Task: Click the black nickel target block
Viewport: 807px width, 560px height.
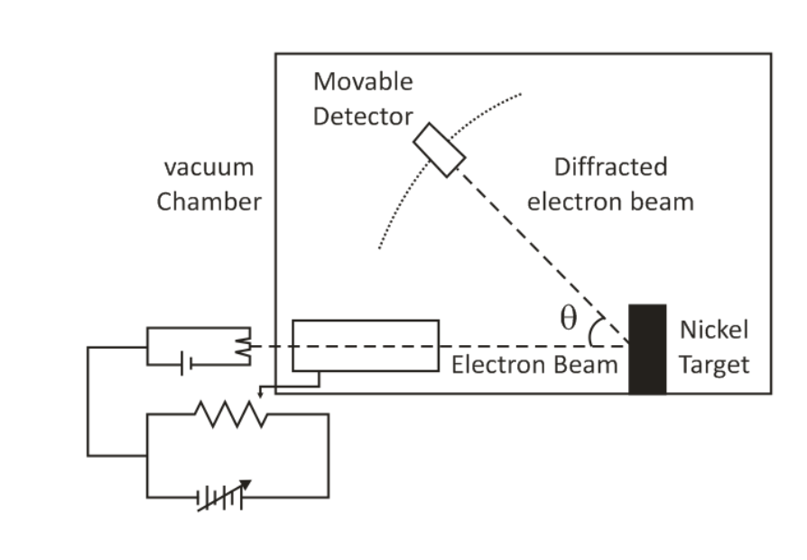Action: pos(647,349)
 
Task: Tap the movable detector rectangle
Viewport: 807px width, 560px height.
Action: pos(440,149)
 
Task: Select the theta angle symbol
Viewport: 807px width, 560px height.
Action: pos(568,319)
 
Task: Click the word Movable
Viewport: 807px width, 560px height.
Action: pos(363,81)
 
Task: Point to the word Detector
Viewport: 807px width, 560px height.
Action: pos(363,117)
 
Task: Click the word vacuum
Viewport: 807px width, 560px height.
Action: pos(209,167)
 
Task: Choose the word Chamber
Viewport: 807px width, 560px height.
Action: pos(209,201)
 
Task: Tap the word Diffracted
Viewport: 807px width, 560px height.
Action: pos(610,167)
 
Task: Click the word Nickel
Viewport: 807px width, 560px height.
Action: pos(714,330)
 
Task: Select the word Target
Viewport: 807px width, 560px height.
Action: pos(714,365)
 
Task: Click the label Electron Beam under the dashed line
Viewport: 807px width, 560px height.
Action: pos(534,365)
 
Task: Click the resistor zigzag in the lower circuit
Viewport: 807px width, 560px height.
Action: pos(230,415)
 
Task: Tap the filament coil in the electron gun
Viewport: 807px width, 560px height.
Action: pos(242,346)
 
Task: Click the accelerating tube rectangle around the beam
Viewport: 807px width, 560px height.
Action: pos(366,345)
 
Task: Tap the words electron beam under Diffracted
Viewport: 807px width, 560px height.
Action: pos(610,201)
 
